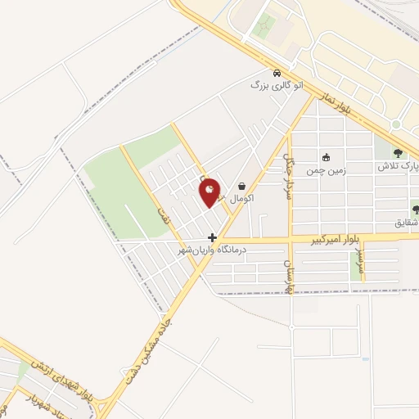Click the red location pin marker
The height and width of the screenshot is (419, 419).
(x=210, y=192)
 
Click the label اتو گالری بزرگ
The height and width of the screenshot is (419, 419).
(x=270, y=84)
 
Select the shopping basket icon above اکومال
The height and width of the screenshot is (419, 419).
(x=242, y=187)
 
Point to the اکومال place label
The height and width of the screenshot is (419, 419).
(x=243, y=199)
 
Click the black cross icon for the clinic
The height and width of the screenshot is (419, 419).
(x=213, y=237)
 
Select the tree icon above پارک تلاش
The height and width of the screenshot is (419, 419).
(x=398, y=152)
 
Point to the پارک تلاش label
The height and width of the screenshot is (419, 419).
(x=397, y=165)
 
